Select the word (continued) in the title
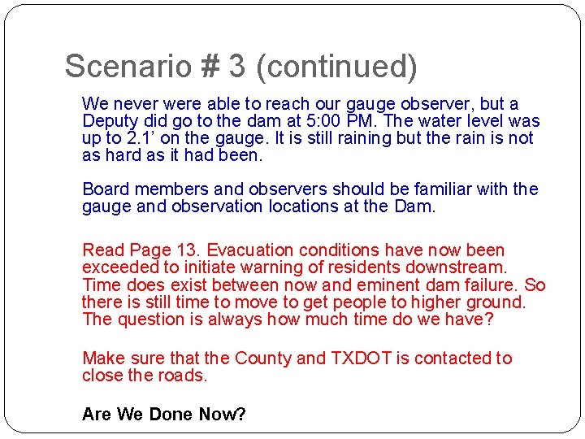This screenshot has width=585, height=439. (336, 67)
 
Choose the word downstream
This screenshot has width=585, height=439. (462, 267)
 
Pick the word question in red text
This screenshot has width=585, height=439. (152, 319)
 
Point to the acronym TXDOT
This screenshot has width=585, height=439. (361, 359)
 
